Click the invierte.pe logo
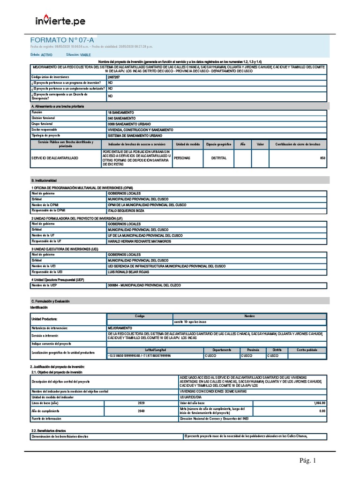tap(60, 21)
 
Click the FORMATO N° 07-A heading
tap(59, 40)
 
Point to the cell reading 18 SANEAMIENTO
tap(121, 113)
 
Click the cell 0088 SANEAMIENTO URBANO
tap(128, 124)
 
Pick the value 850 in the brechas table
tap(322, 158)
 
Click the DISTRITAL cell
tap(218, 158)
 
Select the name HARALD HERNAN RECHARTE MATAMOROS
tap(139, 241)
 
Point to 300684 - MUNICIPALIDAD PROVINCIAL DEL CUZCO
tap(144, 285)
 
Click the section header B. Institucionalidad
tap(44, 180)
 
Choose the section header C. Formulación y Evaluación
tap(50, 301)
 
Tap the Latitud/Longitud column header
tap(155, 350)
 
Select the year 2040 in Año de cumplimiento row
tap(141, 411)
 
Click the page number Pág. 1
tap(308, 461)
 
